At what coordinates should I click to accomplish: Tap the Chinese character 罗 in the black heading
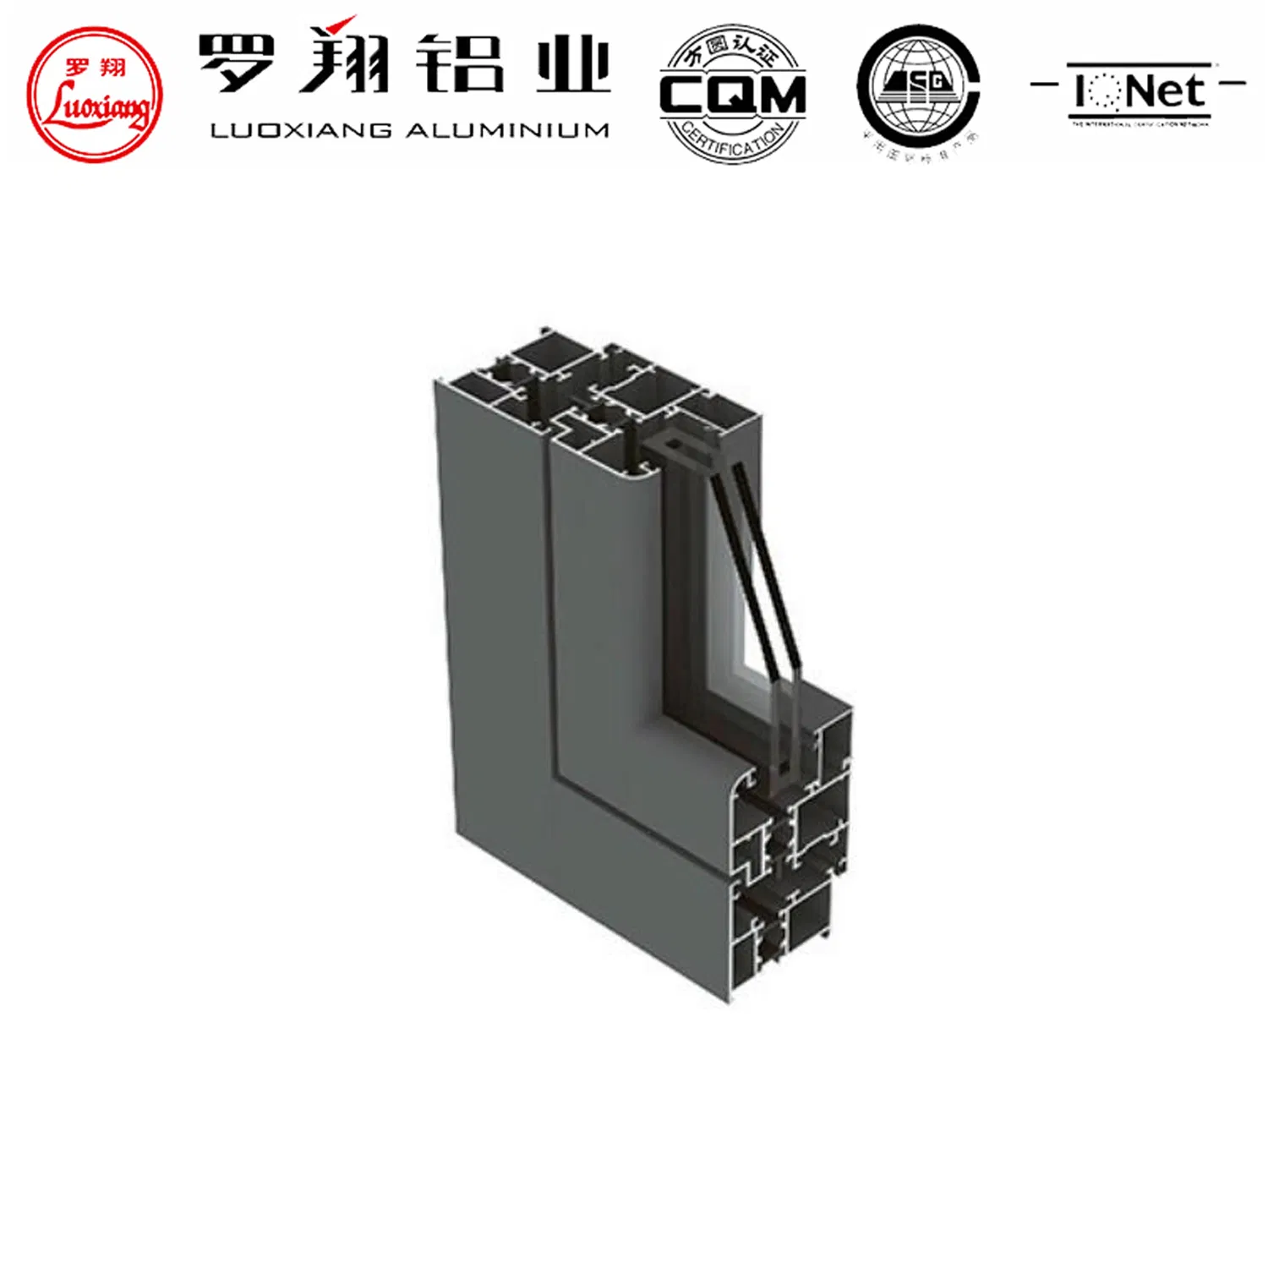[237, 63]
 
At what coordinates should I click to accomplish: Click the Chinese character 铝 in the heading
[463, 63]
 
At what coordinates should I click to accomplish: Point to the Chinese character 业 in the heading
[572, 64]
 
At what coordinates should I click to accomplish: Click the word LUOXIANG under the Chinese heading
[301, 130]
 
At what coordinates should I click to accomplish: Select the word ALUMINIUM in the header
[506, 130]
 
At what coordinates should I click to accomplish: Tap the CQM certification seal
[732, 94]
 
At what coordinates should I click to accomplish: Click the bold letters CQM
[732, 95]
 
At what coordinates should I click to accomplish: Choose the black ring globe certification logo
[918, 88]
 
